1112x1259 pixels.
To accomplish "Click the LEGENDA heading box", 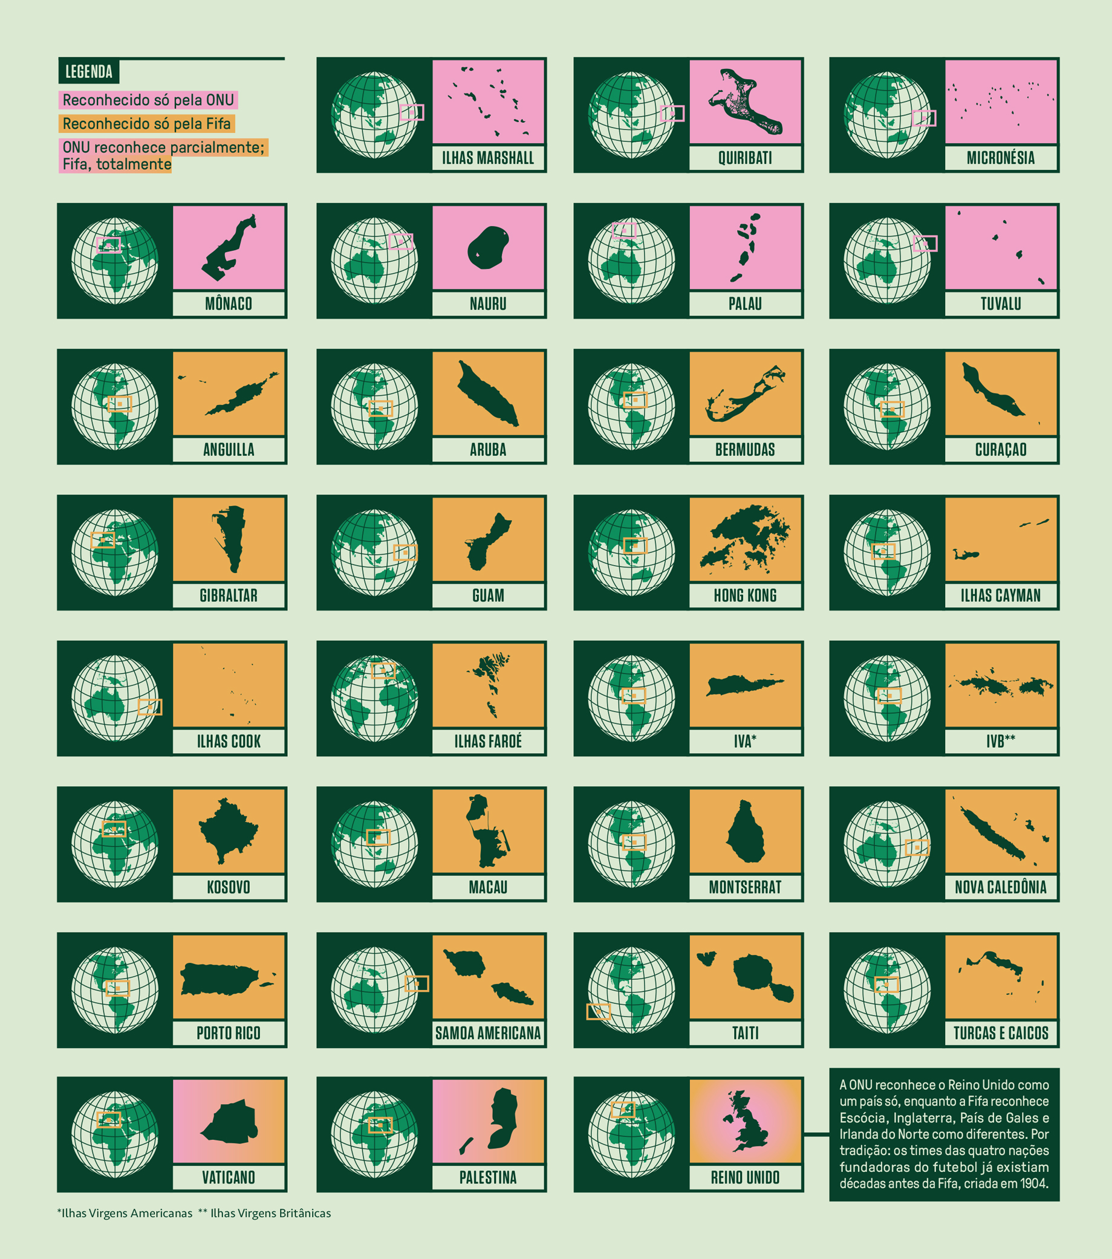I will click(x=89, y=72).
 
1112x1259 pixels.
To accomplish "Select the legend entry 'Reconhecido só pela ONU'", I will click(x=148, y=100).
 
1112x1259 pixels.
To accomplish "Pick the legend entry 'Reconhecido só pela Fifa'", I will click(x=146, y=124).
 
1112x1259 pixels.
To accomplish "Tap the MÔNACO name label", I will click(x=229, y=303).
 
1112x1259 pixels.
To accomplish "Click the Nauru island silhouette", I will click(x=489, y=248).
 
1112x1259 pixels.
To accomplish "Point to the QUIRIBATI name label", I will click(x=745, y=158).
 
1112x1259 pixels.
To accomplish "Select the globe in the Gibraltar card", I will click(x=115, y=552).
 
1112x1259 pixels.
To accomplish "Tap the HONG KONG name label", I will click(x=745, y=595).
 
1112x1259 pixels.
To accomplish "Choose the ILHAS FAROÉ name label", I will click(x=488, y=741).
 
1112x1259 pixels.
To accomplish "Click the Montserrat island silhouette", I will click(x=746, y=832).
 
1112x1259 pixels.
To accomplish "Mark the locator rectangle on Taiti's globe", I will click(x=598, y=1011).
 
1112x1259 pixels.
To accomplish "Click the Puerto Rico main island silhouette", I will click(x=219, y=979).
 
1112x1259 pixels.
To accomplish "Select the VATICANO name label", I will click(x=229, y=1177).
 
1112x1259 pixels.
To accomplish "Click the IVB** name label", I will click(x=1001, y=741).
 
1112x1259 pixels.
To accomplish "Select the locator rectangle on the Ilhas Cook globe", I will click(x=150, y=707).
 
